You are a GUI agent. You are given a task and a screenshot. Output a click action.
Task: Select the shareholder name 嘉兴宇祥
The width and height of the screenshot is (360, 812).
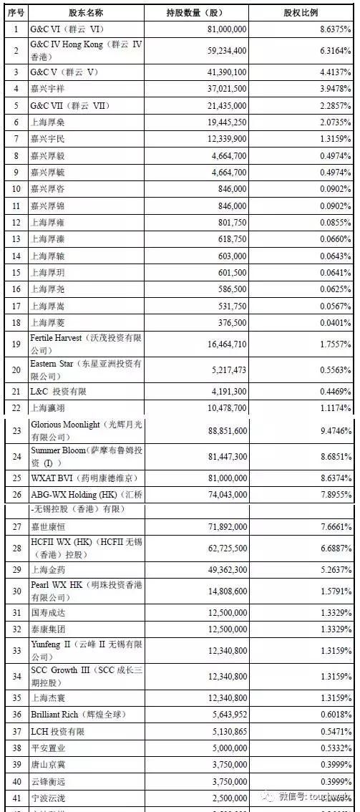click(x=48, y=89)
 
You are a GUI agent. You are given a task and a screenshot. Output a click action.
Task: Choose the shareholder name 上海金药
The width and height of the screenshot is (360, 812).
click(x=48, y=571)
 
